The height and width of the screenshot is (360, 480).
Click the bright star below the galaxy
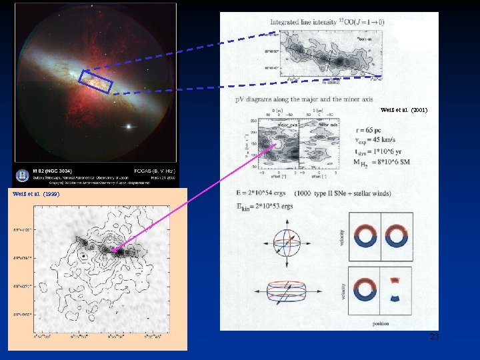131,126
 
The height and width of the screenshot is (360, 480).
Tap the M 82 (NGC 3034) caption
53,171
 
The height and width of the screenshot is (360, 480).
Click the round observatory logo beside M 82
23,175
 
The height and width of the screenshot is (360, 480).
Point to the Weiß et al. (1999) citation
37,194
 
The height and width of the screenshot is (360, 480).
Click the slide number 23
434,337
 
